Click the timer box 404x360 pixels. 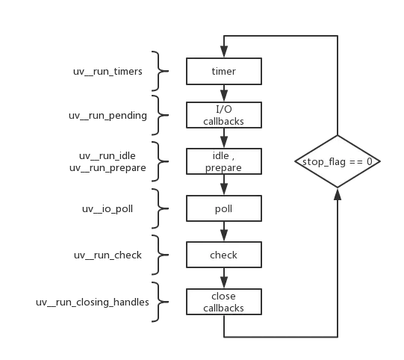[x=224, y=72]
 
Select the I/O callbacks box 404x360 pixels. [x=224, y=115]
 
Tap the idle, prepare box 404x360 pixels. [x=224, y=161]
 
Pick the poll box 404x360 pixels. [x=224, y=208]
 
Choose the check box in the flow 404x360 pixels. [x=224, y=255]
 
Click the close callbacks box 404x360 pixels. [x=224, y=302]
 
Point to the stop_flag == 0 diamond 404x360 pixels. [x=338, y=161]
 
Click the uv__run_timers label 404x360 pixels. [x=108, y=72]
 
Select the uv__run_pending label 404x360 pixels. [x=108, y=116]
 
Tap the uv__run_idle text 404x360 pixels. [x=108, y=156]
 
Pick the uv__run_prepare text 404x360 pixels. [x=108, y=168]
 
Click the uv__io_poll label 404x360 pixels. [x=108, y=208]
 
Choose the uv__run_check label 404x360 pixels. [x=108, y=255]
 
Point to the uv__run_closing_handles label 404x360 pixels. [x=93, y=302]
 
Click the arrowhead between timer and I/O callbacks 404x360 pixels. [x=224, y=96]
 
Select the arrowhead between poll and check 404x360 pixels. [x=224, y=236]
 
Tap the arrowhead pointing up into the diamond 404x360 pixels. [x=338, y=194]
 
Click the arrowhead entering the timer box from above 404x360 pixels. [x=224, y=52]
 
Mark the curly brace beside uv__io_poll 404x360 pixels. [x=160, y=208]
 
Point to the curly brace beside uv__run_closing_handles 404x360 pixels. [x=160, y=302]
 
